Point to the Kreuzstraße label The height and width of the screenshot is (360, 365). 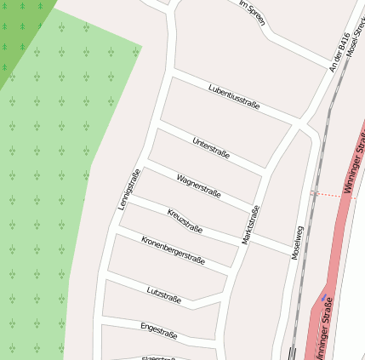(185, 220)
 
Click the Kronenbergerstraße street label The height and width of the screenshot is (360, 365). (173, 250)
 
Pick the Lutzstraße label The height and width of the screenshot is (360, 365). (163, 294)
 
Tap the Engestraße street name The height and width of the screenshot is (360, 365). (158, 329)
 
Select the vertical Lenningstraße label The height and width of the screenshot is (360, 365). (128, 190)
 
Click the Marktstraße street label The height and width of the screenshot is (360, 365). (249, 226)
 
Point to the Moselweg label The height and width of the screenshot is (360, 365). (297, 242)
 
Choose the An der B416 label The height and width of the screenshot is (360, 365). (339, 52)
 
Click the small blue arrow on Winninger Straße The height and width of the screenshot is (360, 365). (322, 299)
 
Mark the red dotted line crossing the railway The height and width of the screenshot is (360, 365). (327, 194)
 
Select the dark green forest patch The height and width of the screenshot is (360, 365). (21, 30)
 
